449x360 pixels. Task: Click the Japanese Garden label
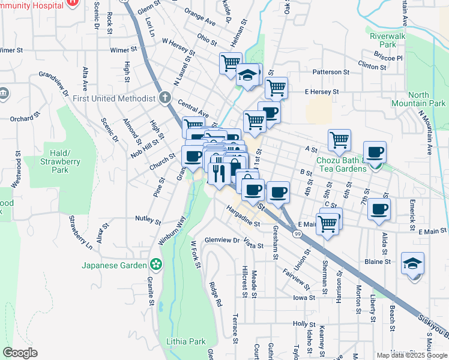(x=114, y=265)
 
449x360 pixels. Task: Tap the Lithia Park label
(x=185, y=341)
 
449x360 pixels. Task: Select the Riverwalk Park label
(x=383, y=40)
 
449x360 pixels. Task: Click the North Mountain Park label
(x=427, y=99)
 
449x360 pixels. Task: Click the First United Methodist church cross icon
(x=165, y=98)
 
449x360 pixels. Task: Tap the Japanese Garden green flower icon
(x=156, y=264)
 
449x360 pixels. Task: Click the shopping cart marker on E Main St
(x=327, y=223)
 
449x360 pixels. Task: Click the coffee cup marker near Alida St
(x=379, y=209)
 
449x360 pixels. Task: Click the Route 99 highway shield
(x=298, y=234)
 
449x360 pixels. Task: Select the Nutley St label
(x=148, y=220)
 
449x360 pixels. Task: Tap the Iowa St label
(x=304, y=298)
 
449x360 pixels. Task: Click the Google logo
(x=20, y=353)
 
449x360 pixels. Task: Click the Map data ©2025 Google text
(x=412, y=355)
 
